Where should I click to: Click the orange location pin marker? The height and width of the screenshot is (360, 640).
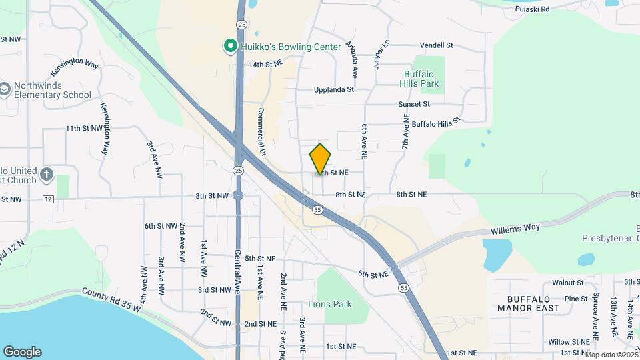320,159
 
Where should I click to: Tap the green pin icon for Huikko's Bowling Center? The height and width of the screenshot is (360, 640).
230,46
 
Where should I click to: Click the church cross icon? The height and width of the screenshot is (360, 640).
46,175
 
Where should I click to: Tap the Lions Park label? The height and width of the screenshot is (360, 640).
329,304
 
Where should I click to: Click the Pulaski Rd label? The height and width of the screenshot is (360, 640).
535,9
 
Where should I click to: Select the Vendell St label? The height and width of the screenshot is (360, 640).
436,45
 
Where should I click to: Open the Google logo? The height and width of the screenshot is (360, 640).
22,351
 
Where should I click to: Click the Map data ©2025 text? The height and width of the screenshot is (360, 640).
611,355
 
